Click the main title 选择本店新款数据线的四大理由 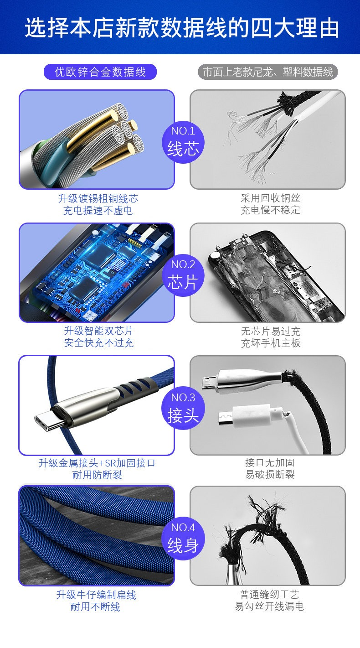[x=181, y=28]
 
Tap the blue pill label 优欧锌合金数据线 [x=100, y=72]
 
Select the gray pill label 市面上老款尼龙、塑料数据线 [x=268, y=72]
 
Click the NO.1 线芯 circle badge [x=183, y=142]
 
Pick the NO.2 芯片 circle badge [x=183, y=275]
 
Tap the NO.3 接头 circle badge [x=183, y=408]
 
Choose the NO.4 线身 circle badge [x=183, y=539]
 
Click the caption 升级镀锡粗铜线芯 [x=98, y=198]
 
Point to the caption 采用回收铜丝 [x=270, y=198]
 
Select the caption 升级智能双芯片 [x=98, y=331]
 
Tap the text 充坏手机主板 [x=271, y=343]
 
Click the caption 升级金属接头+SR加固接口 [x=97, y=463]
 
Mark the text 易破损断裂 [x=270, y=474]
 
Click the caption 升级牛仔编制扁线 [x=96, y=595]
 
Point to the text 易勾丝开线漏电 [x=269, y=606]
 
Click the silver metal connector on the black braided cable [x=246, y=380]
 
